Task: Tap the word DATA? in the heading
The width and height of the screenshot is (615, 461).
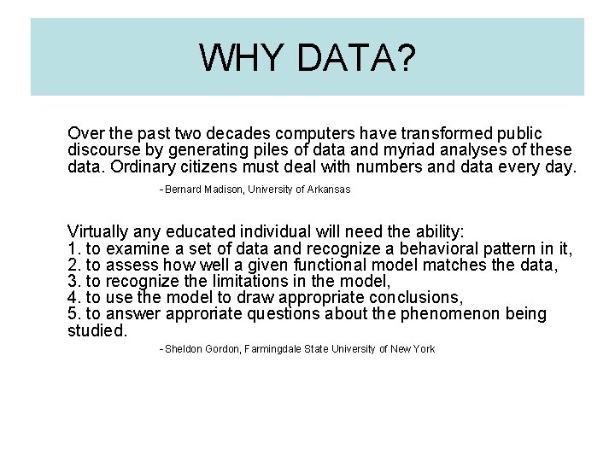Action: click(x=357, y=57)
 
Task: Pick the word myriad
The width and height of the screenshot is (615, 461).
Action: click(x=424, y=150)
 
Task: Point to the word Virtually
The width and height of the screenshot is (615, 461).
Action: click(x=97, y=232)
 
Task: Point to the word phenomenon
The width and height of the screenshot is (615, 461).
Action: click(x=454, y=313)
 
